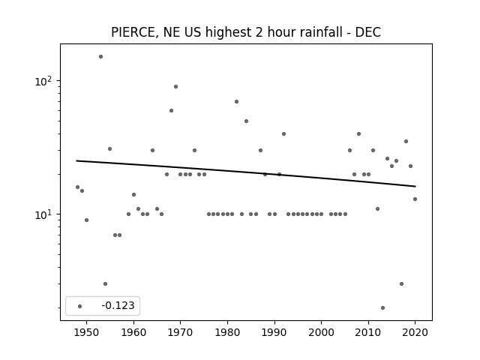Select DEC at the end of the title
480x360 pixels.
click(368, 32)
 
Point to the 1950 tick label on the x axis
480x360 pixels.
click(86, 332)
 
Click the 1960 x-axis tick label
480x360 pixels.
click(133, 332)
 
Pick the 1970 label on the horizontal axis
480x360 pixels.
click(180, 332)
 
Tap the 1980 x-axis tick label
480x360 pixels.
click(227, 332)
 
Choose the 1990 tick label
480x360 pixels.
click(274, 332)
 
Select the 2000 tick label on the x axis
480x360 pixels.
click(321, 332)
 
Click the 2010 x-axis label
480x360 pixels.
click(368, 332)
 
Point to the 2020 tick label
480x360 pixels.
click(415, 332)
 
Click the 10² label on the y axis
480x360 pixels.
click(43, 82)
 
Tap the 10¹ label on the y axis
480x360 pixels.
click(43, 214)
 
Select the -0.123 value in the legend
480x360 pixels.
click(118, 305)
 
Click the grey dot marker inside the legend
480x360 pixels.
click(80, 306)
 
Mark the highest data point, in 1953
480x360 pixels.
click(100, 57)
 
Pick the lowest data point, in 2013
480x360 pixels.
click(382, 307)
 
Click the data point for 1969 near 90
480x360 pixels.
click(175, 87)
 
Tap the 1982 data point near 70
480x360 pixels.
click(237, 102)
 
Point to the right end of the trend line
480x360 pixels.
click(415, 186)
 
